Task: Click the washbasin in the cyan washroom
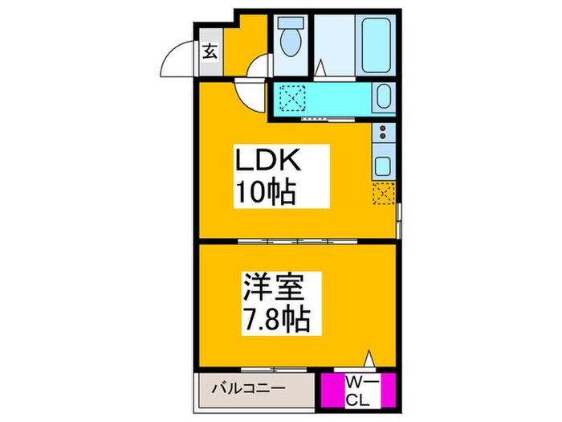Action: [383, 100]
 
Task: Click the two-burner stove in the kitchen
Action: [383, 133]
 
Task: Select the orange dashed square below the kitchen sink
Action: [384, 194]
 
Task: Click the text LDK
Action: [267, 162]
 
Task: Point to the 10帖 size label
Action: [262, 192]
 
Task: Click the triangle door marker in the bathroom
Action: [320, 70]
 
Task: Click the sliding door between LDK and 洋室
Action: [297, 240]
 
